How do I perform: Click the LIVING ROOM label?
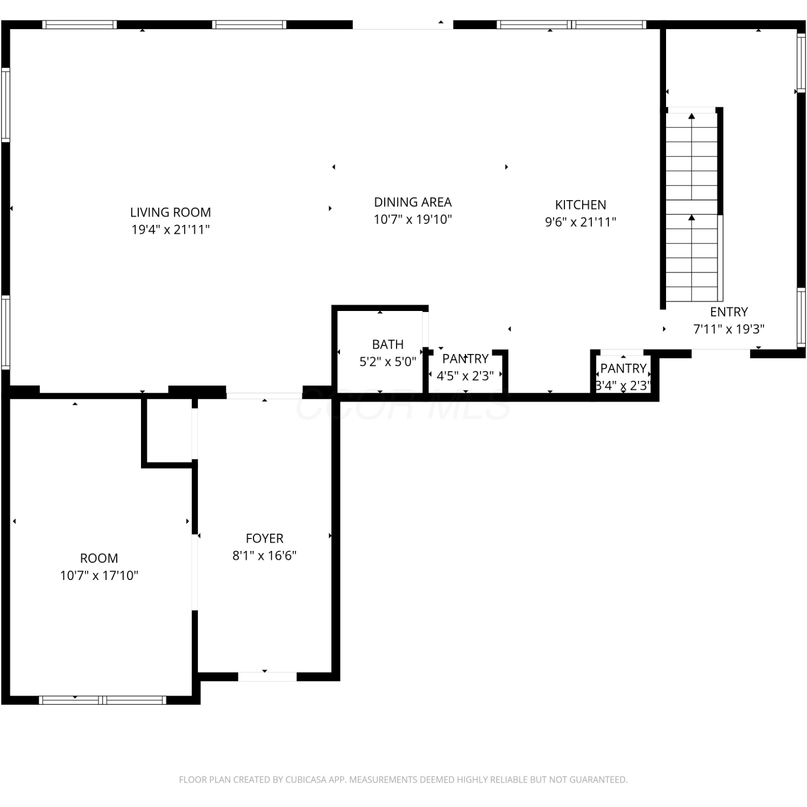[171, 213]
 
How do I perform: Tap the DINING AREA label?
[413, 202]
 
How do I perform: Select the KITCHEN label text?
[581, 205]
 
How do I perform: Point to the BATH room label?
[388, 344]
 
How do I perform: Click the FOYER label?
[264, 539]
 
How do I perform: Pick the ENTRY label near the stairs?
[729, 312]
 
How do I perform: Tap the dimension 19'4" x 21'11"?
[171, 230]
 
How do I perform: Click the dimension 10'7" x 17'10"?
[99, 576]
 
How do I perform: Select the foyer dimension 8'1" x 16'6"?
[264, 556]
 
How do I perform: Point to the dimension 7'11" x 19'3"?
[729, 329]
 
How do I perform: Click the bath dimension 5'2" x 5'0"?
[388, 362]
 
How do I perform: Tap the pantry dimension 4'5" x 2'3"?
[465, 376]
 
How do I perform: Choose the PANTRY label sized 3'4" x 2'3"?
[624, 369]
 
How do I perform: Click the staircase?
[692, 207]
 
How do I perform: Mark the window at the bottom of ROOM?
[102, 700]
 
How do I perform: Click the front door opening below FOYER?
[267, 676]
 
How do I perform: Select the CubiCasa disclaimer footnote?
[403, 780]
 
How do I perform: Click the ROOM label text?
[99, 558]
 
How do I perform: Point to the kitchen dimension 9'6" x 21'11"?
[581, 222]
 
